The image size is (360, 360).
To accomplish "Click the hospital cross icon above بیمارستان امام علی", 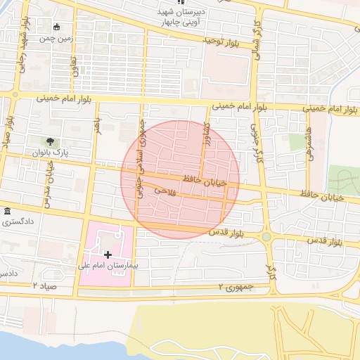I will pos(107,254).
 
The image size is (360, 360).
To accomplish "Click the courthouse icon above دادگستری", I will pos(7,212).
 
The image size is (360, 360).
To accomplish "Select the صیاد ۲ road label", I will pos(43,285).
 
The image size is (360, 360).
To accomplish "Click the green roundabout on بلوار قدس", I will pos(266,237).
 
